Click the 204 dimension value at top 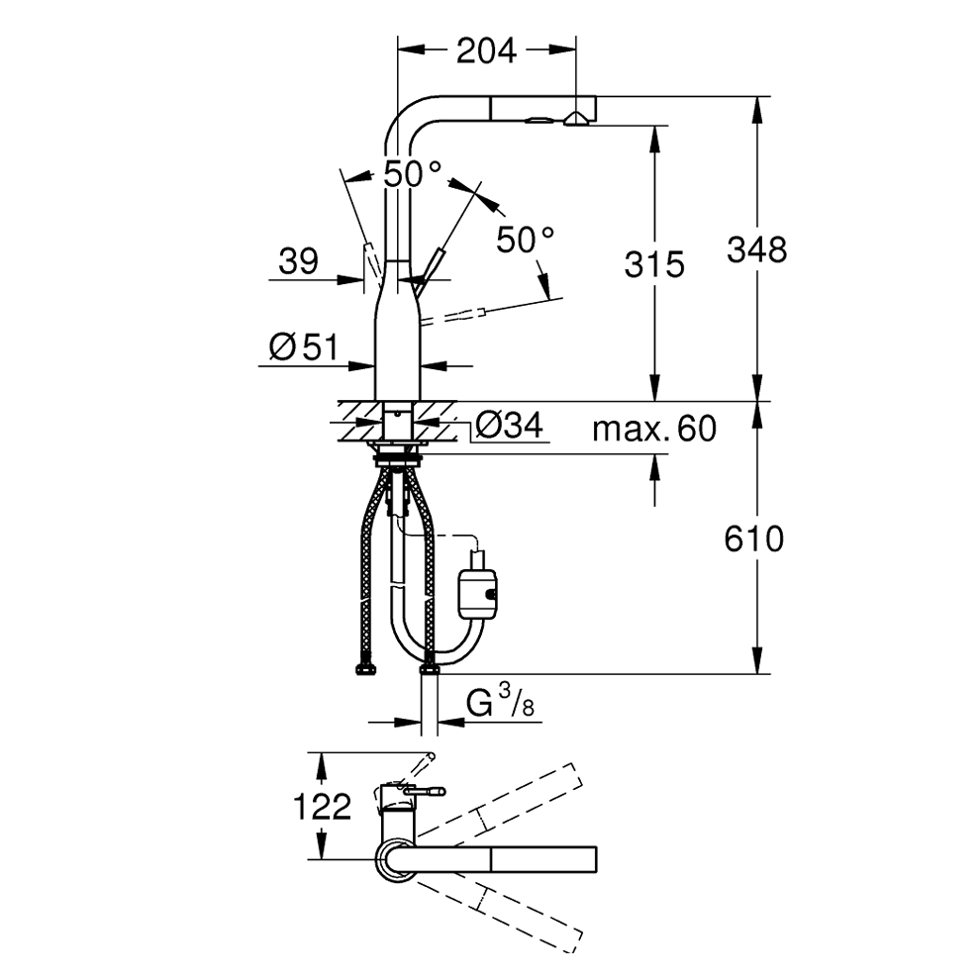pyautogui.click(x=486, y=51)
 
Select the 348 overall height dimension pyautogui.click(x=756, y=250)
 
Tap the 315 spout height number pyautogui.click(x=654, y=264)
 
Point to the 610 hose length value pyautogui.click(x=753, y=539)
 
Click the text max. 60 pyautogui.click(x=653, y=429)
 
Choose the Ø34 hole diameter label pyautogui.click(x=509, y=426)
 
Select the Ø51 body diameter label pyautogui.click(x=303, y=346)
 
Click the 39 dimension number pyautogui.click(x=298, y=261)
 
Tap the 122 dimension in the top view pyautogui.click(x=322, y=807)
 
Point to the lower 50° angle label pyautogui.click(x=525, y=240)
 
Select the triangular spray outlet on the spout pyautogui.click(x=575, y=118)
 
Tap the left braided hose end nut pyautogui.click(x=365, y=670)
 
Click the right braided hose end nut pyautogui.click(x=430, y=669)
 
